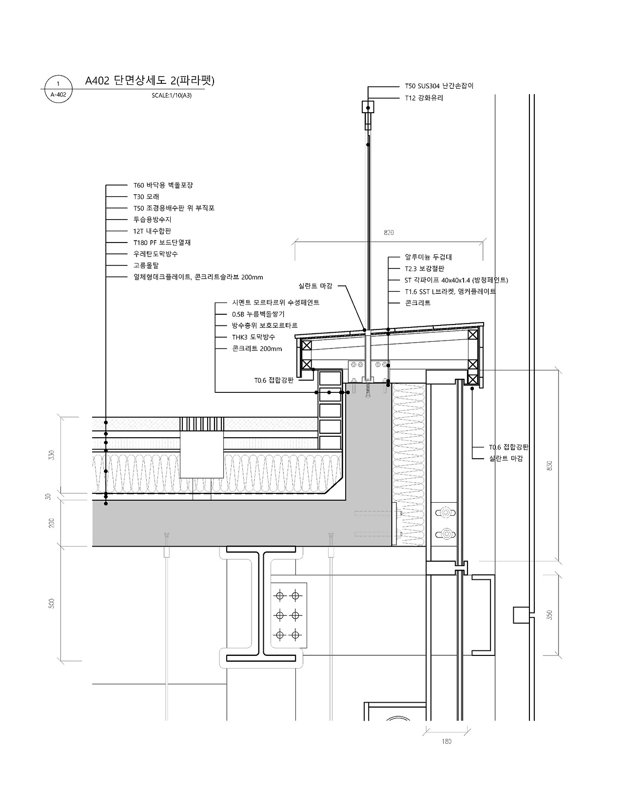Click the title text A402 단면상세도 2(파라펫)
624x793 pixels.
[150, 81]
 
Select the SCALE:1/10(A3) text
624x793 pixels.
[171, 96]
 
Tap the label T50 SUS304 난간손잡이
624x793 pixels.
[439, 86]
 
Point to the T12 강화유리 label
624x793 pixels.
[424, 98]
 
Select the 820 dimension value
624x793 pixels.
[389, 232]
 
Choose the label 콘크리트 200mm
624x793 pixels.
[257, 349]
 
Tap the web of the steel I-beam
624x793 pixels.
[261, 605]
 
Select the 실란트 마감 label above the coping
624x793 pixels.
[315, 286]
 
